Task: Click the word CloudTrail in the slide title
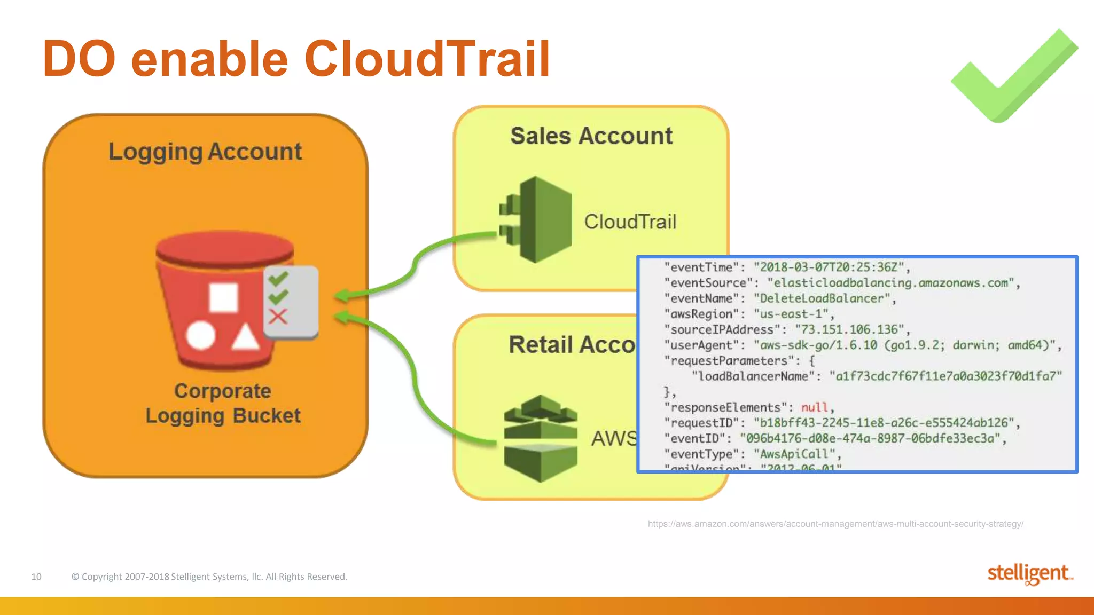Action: (427, 59)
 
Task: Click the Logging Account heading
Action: (205, 152)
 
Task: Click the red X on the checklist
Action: (278, 317)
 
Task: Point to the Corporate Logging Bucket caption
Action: (223, 404)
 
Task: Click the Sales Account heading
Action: (591, 136)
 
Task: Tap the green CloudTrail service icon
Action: (537, 220)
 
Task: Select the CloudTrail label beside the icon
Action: (630, 222)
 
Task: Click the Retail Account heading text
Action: (572, 345)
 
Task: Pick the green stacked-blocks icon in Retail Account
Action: (541, 438)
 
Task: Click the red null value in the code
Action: (814, 407)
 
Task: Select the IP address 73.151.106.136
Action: (849, 329)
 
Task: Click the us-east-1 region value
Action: (791, 314)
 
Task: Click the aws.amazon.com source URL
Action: (835, 524)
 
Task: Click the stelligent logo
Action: (1029, 574)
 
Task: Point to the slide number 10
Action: (36, 577)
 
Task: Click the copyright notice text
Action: (209, 577)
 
